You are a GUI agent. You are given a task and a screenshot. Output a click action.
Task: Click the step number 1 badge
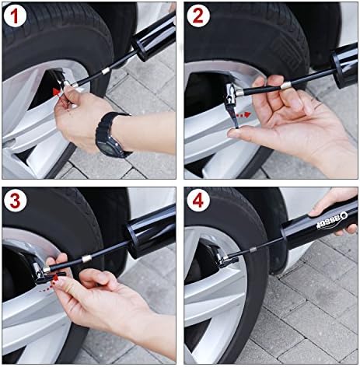coord(15,16)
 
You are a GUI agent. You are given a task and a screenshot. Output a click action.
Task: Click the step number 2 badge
coord(198,16)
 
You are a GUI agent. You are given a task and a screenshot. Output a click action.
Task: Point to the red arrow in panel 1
coord(57,93)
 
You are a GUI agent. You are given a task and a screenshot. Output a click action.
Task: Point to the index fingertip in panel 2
coord(233,133)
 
